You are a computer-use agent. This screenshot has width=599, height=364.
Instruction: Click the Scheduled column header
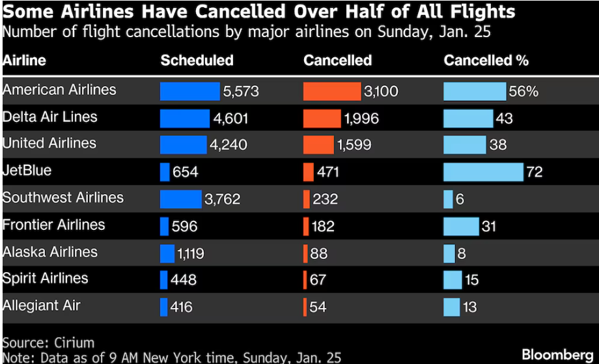tap(197, 61)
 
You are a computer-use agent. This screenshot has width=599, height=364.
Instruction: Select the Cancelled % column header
tap(486, 61)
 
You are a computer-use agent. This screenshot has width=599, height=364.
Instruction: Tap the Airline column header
tap(24, 61)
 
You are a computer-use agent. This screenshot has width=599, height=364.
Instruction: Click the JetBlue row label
tap(27, 171)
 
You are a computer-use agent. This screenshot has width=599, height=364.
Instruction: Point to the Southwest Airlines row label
tap(63, 198)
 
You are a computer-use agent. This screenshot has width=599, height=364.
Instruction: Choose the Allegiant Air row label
tap(41, 305)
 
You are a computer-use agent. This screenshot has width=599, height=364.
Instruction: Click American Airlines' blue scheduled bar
tap(189, 91)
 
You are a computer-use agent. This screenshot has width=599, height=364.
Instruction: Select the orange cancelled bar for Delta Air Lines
tap(322, 119)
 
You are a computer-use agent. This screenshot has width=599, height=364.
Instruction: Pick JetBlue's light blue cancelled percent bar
tap(483, 172)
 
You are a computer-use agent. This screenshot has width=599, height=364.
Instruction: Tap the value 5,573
tap(241, 92)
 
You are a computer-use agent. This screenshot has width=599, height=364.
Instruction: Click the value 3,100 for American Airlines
tap(381, 92)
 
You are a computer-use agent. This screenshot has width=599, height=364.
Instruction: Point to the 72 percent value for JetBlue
tap(535, 173)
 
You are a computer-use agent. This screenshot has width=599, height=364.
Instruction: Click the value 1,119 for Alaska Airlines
tap(191, 253)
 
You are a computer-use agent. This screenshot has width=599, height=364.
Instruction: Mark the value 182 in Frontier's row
tap(322, 226)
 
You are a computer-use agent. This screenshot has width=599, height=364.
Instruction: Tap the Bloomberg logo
tap(558, 354)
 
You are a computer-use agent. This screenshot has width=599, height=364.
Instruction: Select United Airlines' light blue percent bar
tap(464, 145)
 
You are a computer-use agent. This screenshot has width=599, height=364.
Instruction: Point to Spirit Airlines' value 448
tap(184, 280)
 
